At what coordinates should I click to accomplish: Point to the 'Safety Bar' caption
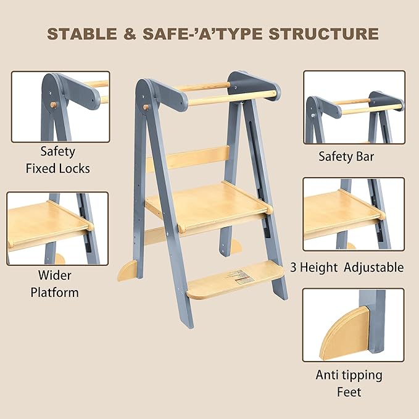tap(346, 156)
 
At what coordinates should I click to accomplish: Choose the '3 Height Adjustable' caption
tap(347, 267)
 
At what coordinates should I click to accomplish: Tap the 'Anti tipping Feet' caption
tap(349, 383)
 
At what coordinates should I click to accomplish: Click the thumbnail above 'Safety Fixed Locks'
tap(59, 106)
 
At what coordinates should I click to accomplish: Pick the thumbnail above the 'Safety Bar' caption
tap(354, 106)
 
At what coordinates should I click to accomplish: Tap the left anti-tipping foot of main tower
tap(127, 269)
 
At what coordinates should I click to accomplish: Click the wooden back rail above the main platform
tap(188, 158)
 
